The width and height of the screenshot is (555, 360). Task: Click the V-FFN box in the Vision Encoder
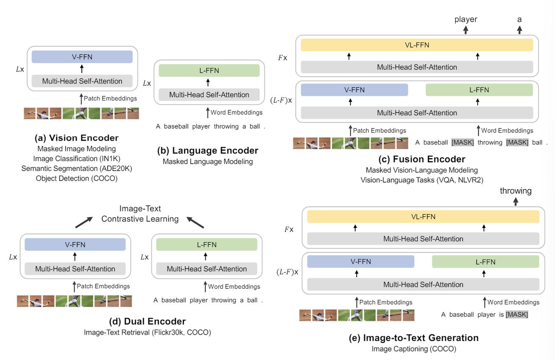82,56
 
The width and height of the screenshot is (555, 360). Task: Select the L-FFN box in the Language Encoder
209,70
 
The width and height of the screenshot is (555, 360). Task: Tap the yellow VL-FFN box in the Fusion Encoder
417,45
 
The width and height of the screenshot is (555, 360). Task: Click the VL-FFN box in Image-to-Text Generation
423,217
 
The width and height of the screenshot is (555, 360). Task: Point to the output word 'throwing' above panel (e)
516,191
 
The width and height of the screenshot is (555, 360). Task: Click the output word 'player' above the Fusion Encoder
466,19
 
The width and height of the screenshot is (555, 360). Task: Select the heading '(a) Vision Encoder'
77,138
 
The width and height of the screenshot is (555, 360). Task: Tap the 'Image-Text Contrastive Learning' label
140,214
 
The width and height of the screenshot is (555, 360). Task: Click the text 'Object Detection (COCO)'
77,179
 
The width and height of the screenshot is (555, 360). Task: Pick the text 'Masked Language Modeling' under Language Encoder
208,161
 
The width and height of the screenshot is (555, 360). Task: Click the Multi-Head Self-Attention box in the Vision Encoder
82,81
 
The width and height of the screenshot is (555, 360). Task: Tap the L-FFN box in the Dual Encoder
206,244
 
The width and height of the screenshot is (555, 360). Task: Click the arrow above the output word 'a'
519,29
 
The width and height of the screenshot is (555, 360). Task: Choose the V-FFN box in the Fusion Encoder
354,90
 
